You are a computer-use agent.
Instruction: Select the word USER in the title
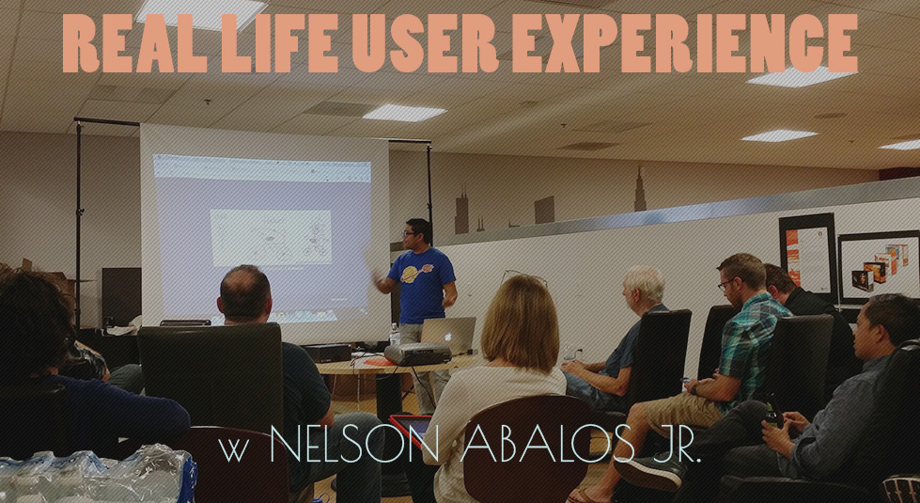tap(428, 43)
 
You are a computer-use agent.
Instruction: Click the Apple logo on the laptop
tap(448, 337)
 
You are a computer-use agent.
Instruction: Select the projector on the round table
tap(418, 354)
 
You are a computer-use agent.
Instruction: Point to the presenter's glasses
tap(410, 233)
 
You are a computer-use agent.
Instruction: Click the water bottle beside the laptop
tap(395, 335)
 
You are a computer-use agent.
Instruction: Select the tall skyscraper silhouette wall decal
tap(640, 188)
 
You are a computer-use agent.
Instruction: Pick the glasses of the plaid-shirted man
tap(726, 284)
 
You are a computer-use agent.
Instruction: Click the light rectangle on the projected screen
tap(271, 237)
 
